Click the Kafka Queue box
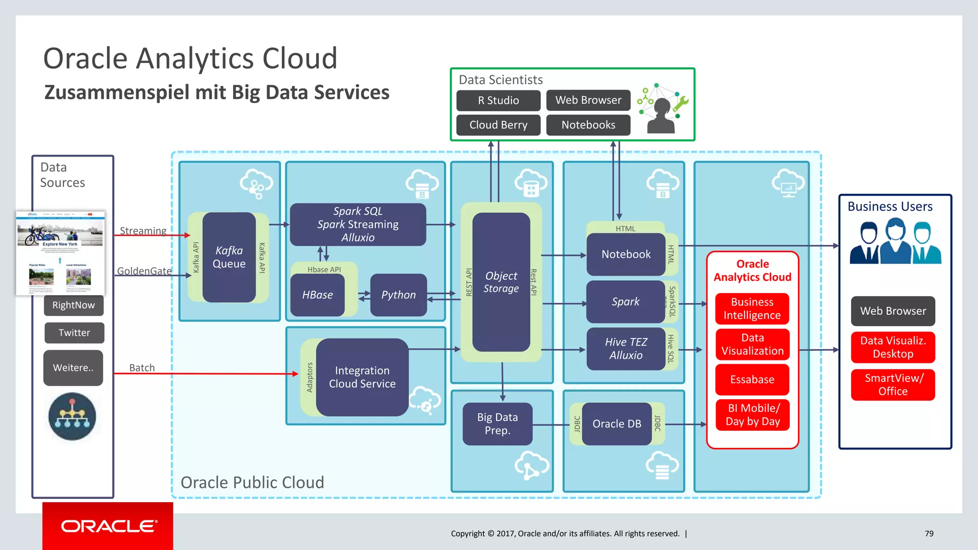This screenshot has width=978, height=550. (x=229, y=257)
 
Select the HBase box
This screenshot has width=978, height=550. (x=318, y=295)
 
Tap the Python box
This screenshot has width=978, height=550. (x=398, y=295)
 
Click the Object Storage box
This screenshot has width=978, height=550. (x=501, y=282)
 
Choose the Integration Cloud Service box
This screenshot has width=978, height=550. (x=362, y=377)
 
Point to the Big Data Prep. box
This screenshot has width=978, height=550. (x=497, y=424)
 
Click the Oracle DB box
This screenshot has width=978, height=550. (x=617, y=424)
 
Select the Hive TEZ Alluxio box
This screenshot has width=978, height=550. (x=626, y=349)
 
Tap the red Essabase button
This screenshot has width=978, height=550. (x=752, y=380)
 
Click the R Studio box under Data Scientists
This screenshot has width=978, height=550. (x=498, y=101)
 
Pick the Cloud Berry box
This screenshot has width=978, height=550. (x=498, y=125)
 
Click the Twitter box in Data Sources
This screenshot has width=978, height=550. (x=74, y=333)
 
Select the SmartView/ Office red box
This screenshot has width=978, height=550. (x=893, y=385)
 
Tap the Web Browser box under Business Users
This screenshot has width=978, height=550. (x=893, y=311)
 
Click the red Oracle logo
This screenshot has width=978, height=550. (x=108, y=526)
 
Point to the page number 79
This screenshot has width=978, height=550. (x=929, y=534)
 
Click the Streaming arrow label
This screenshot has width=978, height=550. (x=143, y=231)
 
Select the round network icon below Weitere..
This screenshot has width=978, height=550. (x=72, y=416)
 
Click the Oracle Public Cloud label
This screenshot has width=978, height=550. (x=252, y=483)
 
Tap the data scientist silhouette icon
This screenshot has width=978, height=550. (x=662, y=115)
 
